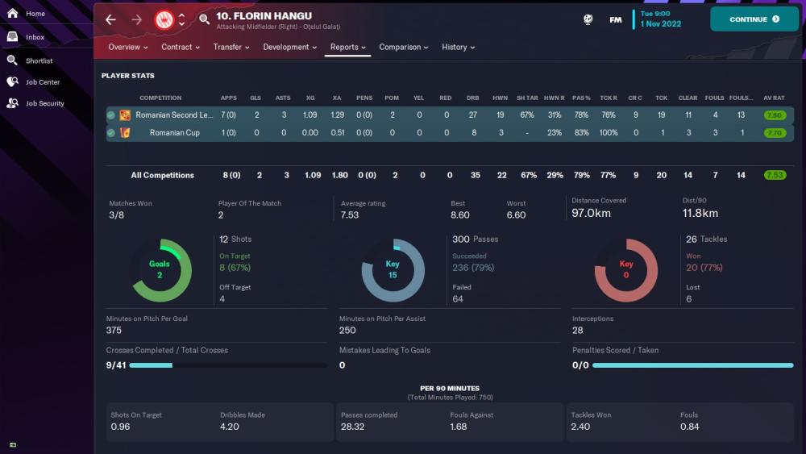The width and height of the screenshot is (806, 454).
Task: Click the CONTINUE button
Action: (754, 19)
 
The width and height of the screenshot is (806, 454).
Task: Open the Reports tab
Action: (348, 48)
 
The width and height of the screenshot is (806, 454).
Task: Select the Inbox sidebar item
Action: (35, 37)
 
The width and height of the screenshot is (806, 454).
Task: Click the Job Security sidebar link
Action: (44, 103)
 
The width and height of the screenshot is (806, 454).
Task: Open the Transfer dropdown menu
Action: (231, 48)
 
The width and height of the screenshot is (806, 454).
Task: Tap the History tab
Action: (458, 48)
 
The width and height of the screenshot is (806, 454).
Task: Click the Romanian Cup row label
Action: (174, 133)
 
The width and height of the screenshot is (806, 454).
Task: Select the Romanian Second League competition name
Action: (174, 115)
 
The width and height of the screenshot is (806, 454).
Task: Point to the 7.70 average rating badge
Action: (775, 133)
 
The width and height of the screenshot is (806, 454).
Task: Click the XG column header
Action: (310, 98)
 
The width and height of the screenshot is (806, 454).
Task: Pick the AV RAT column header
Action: (774, 98)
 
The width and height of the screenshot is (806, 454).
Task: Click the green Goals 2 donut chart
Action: (160, 270)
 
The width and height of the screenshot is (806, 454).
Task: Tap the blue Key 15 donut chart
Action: (393, 270)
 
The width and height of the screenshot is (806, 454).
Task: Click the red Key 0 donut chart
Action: (626, 270)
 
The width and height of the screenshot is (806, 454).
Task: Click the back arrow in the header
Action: (110, 19)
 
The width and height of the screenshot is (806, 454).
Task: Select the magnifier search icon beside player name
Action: (204, 19)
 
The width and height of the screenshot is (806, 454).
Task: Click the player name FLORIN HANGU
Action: (264, 16)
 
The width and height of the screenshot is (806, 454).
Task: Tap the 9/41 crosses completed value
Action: (115, 365)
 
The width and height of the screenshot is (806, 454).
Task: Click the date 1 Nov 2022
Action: (661, 24)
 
